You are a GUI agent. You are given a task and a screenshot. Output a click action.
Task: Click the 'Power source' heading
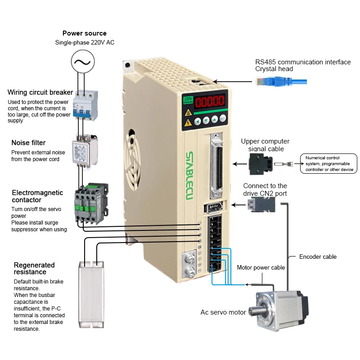tap(85, 33)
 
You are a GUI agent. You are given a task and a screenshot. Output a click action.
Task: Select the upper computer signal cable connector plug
tap(260, 163)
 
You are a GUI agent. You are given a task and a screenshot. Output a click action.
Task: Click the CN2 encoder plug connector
tap(258, 205)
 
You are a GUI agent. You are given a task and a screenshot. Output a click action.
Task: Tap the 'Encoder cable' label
tap(318, 257)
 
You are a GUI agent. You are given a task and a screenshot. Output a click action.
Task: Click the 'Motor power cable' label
tap(261, 267)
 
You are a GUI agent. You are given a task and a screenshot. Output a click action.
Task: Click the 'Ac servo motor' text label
tap(223, 312)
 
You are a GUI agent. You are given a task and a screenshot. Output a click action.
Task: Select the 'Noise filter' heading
tap(28, 143)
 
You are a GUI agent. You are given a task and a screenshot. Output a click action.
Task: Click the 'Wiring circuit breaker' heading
tap(40, 92)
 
